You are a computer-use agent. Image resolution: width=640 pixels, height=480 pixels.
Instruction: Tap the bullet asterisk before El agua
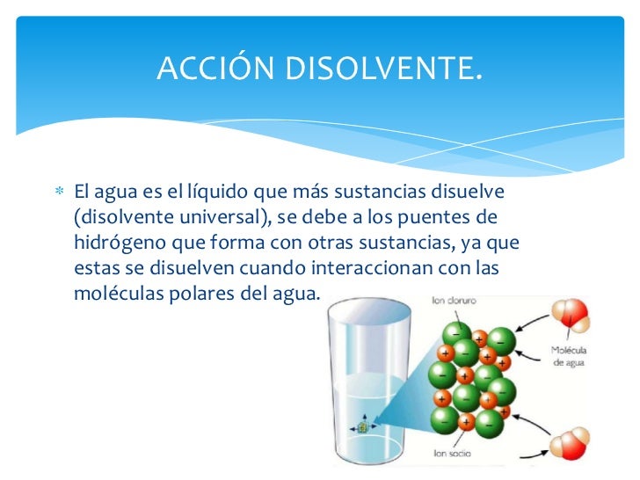pyautogui.click(x=59, y=192)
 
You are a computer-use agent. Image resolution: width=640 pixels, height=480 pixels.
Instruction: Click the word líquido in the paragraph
pyautogui.click(x=213, y=191)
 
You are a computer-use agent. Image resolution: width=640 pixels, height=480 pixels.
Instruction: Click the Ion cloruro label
pyautogui.click(x=455, y=300)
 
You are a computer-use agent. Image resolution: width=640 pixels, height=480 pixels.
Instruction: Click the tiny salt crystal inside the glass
pyautogui.click(x=361, y=426)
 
